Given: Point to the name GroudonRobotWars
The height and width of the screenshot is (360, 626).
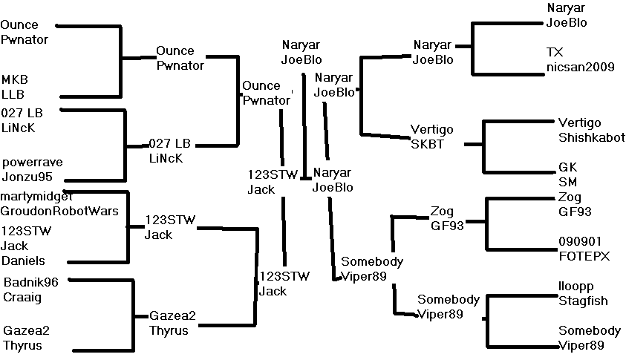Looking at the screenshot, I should [59, 210].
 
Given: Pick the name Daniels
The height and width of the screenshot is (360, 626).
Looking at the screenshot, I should [23, 261].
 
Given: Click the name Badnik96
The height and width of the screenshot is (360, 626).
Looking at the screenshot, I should [36, 281].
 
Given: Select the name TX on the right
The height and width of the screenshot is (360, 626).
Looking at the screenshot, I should [554, 52].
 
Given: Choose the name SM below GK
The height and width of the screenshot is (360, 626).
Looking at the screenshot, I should [567, 181].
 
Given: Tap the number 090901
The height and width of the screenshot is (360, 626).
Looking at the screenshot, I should [578, 241].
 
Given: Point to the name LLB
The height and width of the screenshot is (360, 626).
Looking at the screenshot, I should [13, 94].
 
